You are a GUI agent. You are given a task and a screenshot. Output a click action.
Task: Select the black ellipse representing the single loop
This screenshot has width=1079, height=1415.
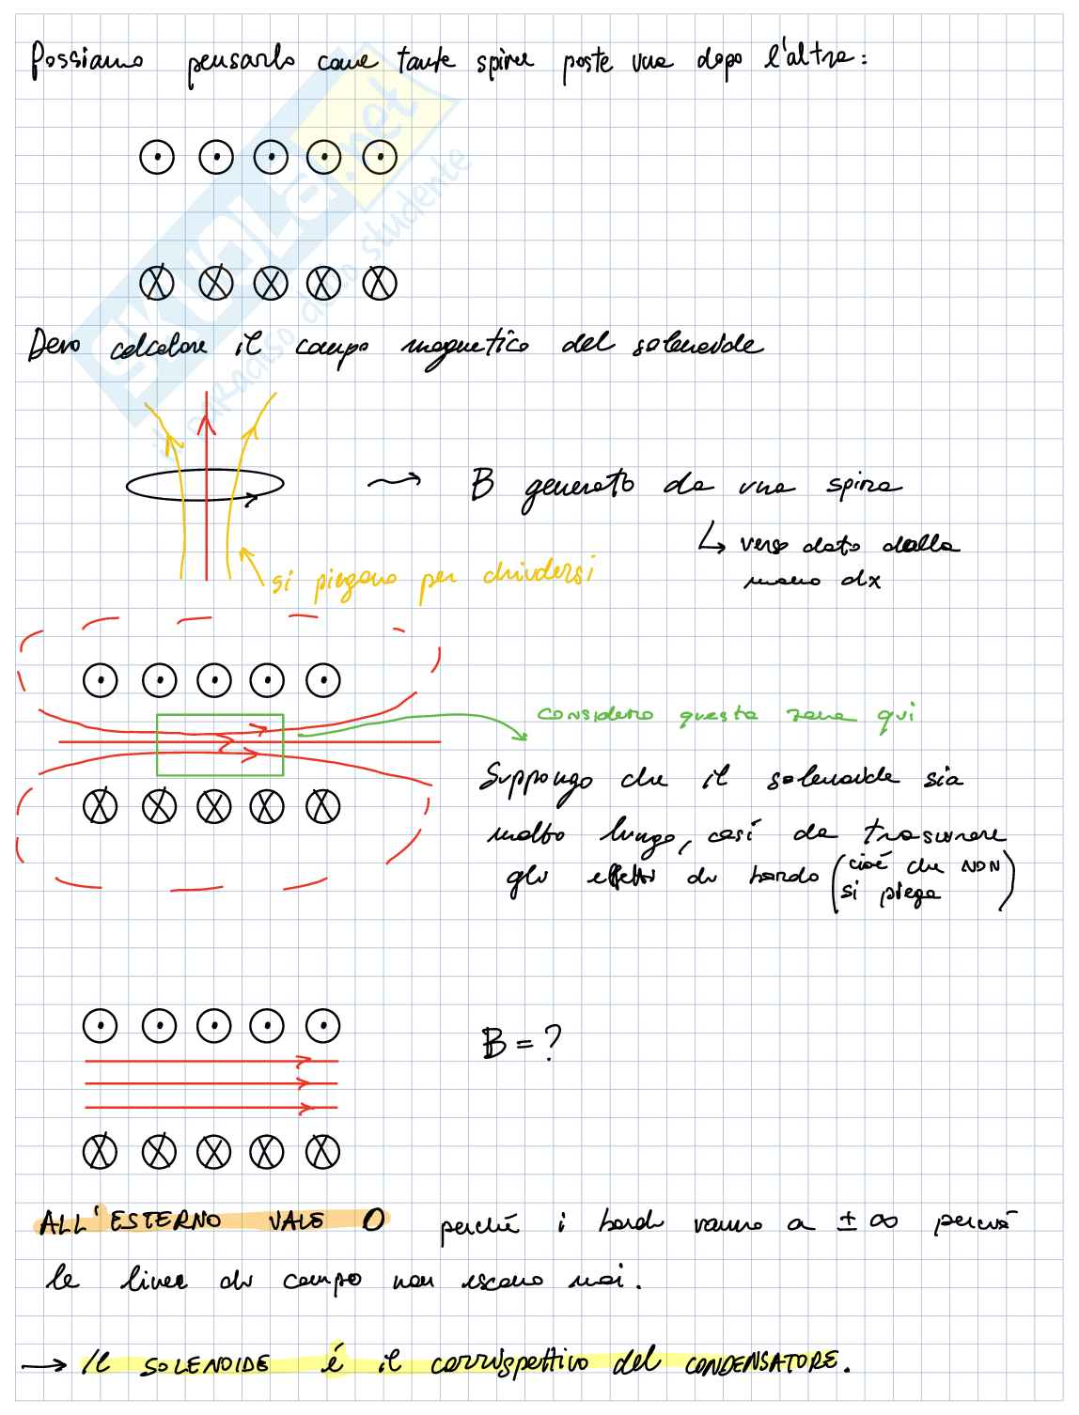point(205,486)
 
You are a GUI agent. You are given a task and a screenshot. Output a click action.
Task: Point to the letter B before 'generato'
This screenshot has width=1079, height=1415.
point(482,487)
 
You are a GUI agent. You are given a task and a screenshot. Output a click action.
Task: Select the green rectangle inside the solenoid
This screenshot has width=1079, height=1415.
point(220,744)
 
